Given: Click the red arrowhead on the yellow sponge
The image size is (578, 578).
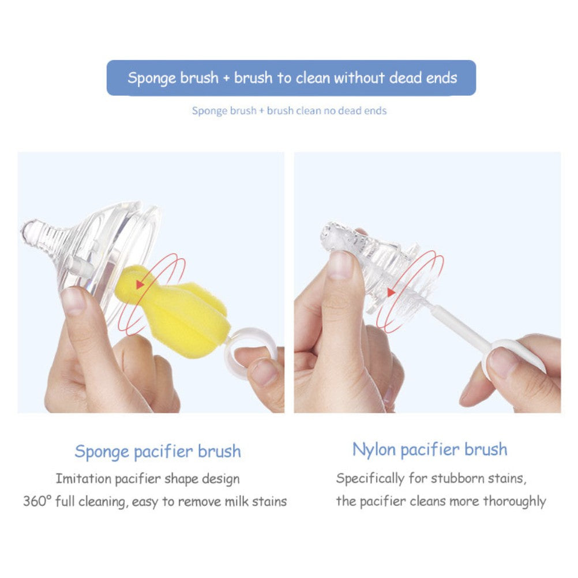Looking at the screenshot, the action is pyautogui.click(x=140, y=284).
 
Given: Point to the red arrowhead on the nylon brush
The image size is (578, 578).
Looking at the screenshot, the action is pyautogui.click(x=391, y=292).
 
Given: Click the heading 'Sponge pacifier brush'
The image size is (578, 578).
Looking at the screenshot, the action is pyautogui.click(x=158, y=452).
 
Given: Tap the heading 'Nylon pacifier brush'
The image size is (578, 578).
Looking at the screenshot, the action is pyautogui.click(x=430, y=450).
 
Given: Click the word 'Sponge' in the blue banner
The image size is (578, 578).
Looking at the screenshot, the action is pyautogui.click(x=152, y=78).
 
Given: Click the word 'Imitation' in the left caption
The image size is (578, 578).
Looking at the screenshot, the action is pyautogui.click(x=83, y=478).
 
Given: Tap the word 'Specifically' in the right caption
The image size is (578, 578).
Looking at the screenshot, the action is pyautogui.click(x=370, y=478).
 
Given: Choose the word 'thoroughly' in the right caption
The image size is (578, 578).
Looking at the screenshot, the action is pyautogui.click(x=515, y=501).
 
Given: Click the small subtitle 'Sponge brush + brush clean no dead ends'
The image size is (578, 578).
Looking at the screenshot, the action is pyautogui.click(x=290, y=111).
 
